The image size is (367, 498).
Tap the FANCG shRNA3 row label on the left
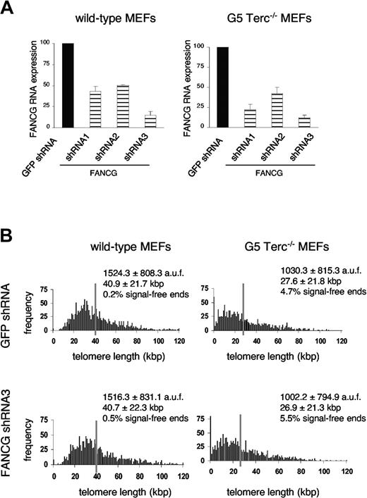click(11, 437)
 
